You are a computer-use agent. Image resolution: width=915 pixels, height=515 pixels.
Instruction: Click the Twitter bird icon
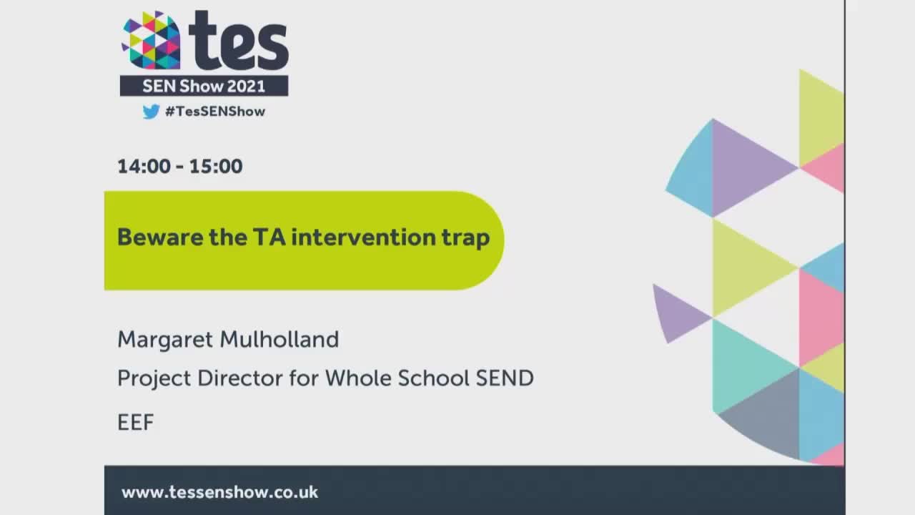click(x=150, y=112)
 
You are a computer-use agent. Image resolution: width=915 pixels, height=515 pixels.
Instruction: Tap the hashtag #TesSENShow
click(x=214, y=112)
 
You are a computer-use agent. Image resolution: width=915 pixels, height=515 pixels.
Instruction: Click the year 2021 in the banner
click(x=246, y=87)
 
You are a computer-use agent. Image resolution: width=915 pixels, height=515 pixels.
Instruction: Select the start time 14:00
click(x=144, y=167)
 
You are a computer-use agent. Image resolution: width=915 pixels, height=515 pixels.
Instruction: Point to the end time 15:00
click(x=216, y=167)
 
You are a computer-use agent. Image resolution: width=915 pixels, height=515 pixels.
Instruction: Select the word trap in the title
click(x=466, y=237)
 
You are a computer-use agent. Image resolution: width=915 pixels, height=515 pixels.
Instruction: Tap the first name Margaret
click(x=167, y=340)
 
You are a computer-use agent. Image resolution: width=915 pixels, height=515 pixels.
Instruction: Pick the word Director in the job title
click(x=239, y=378)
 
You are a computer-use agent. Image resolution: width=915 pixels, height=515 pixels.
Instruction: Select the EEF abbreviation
click(x=136, y=423)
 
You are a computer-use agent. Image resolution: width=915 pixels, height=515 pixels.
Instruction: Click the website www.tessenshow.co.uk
click(x=219, y=492)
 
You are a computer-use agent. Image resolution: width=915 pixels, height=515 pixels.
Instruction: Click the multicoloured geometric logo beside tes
click(x=151, y=41)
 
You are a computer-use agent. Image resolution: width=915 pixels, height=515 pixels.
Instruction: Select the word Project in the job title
click(x=154, y=378)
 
